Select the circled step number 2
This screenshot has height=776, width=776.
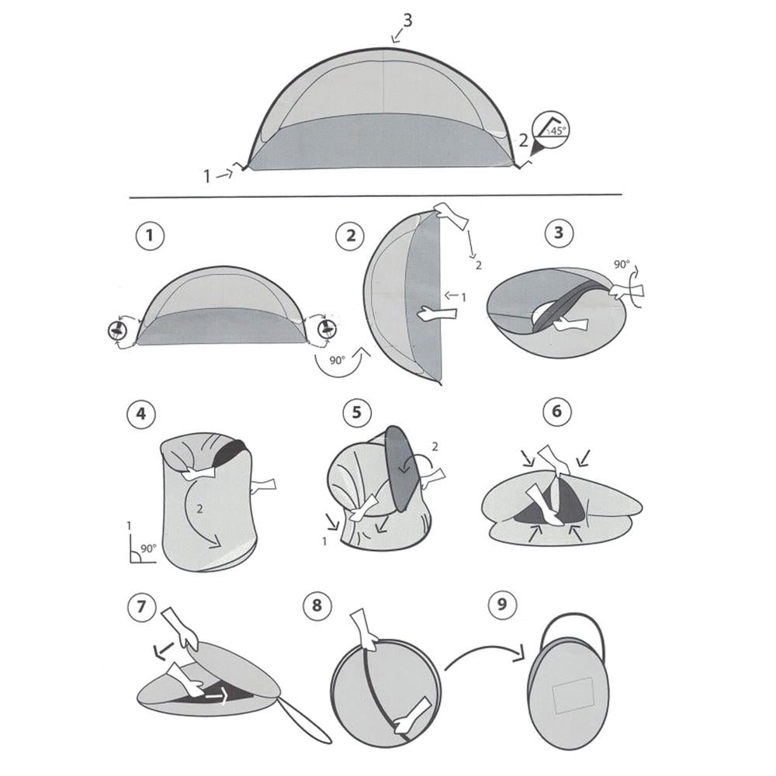[351, 236]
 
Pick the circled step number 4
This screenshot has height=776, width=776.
[140, 413]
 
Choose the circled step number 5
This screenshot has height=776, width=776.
[356, 412]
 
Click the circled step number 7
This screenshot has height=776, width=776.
[140, 605]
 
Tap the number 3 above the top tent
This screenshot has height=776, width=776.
[407, 20]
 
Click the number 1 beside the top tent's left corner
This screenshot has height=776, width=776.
[207, 177]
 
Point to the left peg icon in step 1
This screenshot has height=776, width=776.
[117, 331]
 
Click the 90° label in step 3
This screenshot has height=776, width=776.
[622, 265]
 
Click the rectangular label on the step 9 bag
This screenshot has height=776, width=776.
[570, 694]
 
